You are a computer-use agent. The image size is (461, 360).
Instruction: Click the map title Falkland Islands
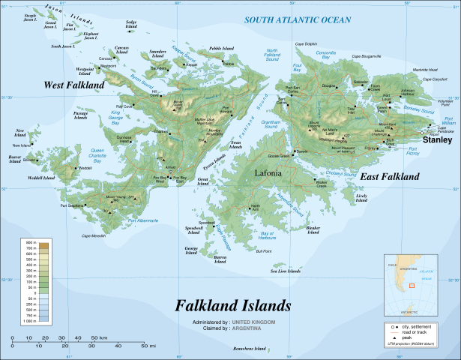232,306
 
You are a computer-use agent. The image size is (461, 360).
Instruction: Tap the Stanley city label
437,139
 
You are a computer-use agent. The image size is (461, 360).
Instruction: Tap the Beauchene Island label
250,349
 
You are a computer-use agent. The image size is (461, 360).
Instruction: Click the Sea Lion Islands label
285,271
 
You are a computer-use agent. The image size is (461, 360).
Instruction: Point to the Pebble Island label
222,48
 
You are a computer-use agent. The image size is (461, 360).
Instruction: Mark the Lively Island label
362,197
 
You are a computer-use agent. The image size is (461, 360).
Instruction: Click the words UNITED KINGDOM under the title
255,321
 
